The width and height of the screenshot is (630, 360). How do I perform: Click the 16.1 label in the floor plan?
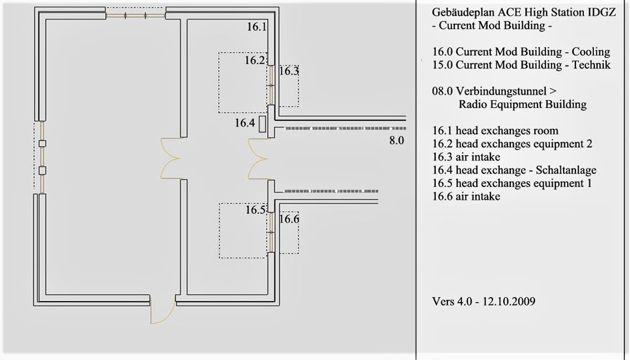tap(257, 27)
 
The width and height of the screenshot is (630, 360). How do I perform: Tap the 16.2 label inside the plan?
tap(255, 60)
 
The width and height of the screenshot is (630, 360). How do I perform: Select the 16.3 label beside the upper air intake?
tap(289, 71)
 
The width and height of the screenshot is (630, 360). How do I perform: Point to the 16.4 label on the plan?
tap(245, 123)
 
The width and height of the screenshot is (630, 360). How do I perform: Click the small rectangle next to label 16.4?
tap(262, 124)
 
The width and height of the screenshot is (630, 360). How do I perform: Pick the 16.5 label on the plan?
tap(255, 210)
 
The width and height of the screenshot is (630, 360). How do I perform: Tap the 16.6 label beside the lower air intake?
tap(289, 219)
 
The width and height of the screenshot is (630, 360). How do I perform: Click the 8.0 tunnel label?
tap(396, 140)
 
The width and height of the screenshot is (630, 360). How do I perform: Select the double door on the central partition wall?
tap(171, 158)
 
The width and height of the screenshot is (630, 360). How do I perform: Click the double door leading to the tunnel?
tap(258, 159)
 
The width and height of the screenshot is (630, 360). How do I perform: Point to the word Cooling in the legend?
tap(591, 52)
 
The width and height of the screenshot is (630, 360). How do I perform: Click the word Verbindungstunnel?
tap(501, 91)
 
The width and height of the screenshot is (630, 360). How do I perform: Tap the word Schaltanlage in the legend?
tap(566, 170)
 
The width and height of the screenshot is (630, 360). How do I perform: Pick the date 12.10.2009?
tap(509, 302)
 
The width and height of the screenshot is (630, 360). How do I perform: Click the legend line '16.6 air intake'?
tap(466, 196)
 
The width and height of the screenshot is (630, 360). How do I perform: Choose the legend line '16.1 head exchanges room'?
tap(495, 131)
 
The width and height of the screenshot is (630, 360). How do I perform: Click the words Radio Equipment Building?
tap(522, 104)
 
